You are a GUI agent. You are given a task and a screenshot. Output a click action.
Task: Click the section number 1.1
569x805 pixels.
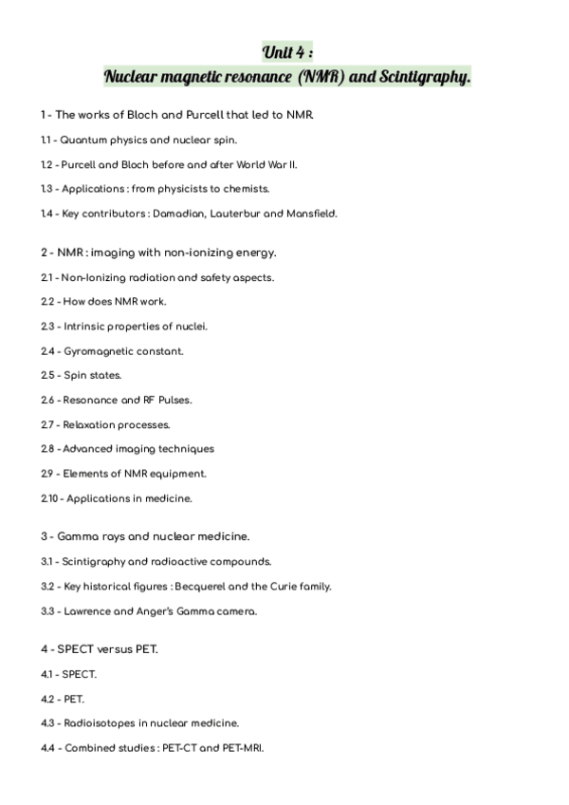pyautogui.click(x=46, y=140)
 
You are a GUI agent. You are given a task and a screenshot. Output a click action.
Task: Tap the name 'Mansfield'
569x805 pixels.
pyautogui.click(x=311, y=214)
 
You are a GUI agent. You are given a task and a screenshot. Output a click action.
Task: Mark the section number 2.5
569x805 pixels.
pyautogui.click(x=47, y=375)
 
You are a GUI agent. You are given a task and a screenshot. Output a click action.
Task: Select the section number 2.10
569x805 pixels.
pyautogui.click(x=49, y=498)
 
